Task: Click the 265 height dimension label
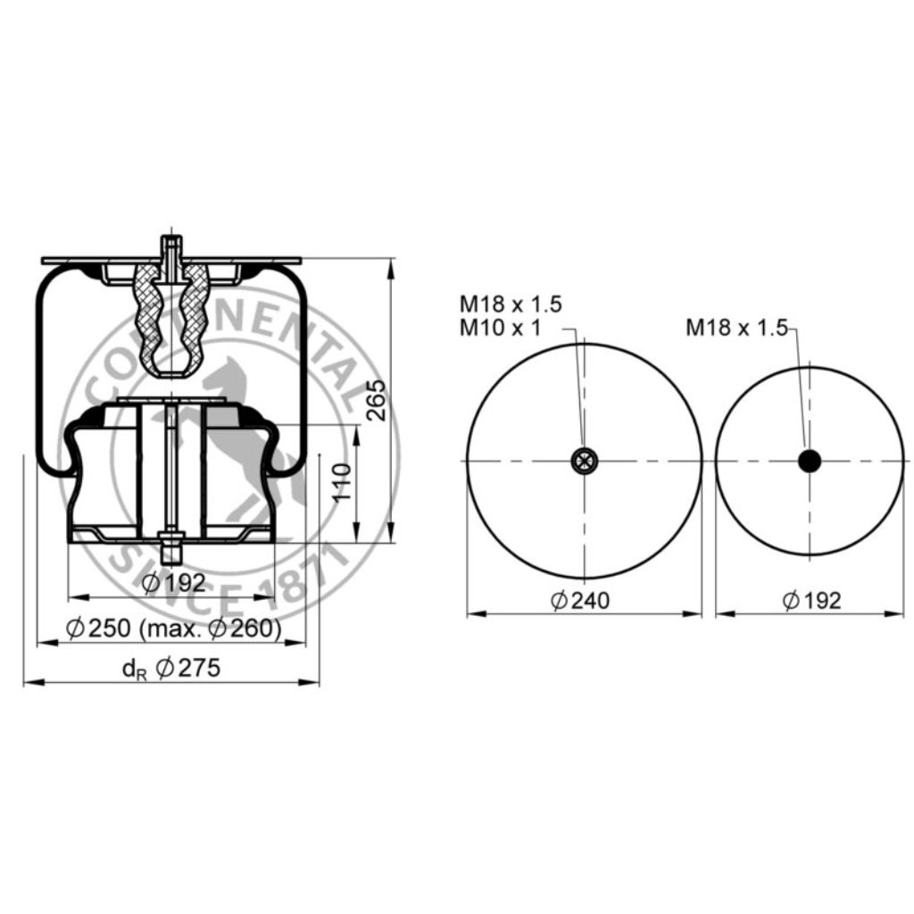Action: tap(378, 400)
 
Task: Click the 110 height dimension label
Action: tap(342, 482)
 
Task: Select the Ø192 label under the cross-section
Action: tap(174, 582)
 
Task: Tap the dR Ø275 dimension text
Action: tap(171, 668)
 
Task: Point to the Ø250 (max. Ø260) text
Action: tap(174, 628)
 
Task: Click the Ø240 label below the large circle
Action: tap(580, 601)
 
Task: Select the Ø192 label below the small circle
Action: tap(812, 601)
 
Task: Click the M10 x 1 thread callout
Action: tap(500, 328)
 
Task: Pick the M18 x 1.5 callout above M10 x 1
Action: tap(511, 304)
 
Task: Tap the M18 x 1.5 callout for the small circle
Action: tap(736, 328)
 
